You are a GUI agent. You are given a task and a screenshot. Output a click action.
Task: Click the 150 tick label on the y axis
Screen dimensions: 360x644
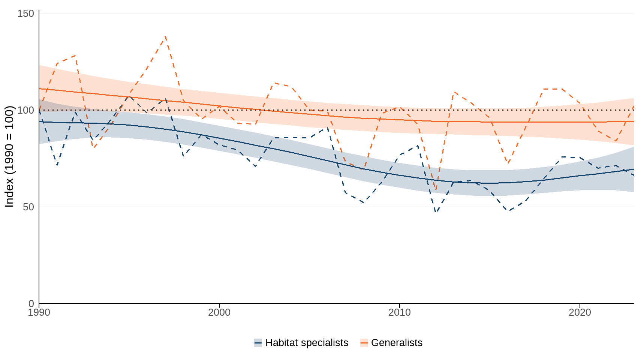coord(25,14)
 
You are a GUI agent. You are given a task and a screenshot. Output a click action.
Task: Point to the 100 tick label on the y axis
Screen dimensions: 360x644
coord(25,110)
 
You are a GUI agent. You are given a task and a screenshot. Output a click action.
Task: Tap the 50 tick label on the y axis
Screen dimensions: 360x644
coord(28,207)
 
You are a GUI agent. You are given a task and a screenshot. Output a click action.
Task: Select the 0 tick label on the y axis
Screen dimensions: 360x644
coord(31,303)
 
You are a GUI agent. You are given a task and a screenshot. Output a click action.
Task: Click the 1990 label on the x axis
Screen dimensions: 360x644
coord(39,312)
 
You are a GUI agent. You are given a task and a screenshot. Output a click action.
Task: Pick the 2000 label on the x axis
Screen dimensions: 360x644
coord(219,312)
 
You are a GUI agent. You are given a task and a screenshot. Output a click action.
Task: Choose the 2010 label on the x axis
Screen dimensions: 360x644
coord(400,312)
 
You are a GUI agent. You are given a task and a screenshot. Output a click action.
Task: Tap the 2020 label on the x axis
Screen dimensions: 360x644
coord(580,312)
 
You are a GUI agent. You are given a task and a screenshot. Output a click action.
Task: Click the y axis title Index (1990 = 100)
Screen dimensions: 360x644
coord(9,156)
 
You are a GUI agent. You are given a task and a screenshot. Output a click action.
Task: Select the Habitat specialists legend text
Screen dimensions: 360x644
coord(307,343)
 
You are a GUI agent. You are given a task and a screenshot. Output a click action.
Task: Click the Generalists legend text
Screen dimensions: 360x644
coord(397,343)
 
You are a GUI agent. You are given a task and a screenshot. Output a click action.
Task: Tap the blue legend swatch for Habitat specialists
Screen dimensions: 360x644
coord(258,343)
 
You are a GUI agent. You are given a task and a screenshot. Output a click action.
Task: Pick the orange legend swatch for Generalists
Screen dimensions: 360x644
coord(364,343)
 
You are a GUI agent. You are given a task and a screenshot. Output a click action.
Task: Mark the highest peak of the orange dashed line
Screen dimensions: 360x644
coord(165,37)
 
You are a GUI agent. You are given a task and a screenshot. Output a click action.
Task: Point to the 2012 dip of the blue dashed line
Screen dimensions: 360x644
coord(436,212)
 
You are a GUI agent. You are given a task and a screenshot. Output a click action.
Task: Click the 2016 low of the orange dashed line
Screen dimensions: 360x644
coord(508,163)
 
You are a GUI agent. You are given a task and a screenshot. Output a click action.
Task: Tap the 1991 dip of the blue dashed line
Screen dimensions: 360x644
coord(57,165)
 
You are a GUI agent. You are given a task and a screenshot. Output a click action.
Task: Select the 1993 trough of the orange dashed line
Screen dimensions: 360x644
coord(93,148)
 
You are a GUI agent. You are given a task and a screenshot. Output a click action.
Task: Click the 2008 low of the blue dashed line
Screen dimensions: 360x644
coord(364,203)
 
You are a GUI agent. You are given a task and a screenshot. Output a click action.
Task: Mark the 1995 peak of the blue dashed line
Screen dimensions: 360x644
coord(129,96)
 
